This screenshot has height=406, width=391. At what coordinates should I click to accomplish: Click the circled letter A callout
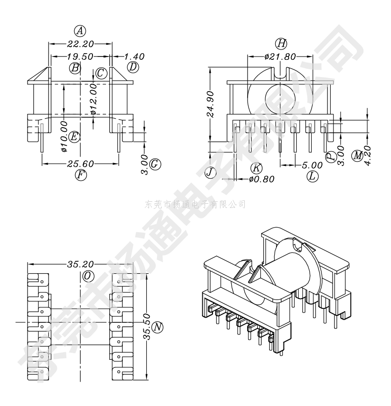[x=80, y=31]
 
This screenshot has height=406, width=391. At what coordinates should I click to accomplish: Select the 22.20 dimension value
[x=80, y=44]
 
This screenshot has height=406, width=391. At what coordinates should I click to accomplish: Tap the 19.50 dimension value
[x=80, y=57]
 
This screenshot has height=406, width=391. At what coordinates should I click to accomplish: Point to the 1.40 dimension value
[x=135, y=57]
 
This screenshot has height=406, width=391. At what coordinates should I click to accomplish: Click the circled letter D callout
[x=133, y=68]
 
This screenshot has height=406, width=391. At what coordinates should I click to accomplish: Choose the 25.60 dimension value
[x=80, y=164]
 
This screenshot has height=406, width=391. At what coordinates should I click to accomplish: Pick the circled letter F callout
[x=81, y=175]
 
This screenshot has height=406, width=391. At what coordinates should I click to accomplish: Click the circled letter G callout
[x=155, y=164]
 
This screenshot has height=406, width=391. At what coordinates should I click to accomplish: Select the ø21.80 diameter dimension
[x=280, y=57]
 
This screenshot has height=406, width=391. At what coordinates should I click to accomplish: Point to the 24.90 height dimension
[x=211, y=104]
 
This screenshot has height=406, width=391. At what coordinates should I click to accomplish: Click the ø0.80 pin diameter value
[x=262, y=179]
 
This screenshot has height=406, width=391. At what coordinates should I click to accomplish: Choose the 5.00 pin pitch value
[x=312, y=165]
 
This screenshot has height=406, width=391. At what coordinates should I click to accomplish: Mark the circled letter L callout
[x=313, y=177]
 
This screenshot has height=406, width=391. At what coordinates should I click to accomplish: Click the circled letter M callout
[x=357, y=156]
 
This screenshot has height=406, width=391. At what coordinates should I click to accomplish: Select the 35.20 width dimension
[x=80, y=264]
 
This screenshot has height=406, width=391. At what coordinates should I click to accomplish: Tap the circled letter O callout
[x=88, y=276]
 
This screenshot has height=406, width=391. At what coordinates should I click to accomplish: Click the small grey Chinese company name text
[x=195, y=205]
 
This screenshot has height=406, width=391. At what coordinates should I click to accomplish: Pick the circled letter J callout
[x=210, y=172]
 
